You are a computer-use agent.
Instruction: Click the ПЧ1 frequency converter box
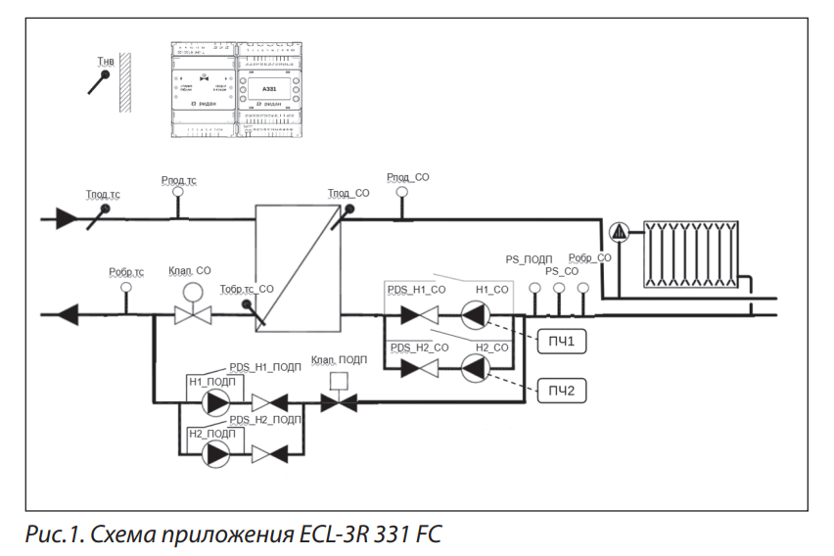coord(561,342)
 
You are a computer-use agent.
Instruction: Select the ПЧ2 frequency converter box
coord(561,392)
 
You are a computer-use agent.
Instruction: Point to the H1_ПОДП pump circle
coord(215,402)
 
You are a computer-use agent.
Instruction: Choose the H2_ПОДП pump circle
coord(215,452)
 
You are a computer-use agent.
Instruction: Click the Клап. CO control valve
coord(193,314)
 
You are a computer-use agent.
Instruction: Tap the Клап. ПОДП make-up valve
coord(340,401)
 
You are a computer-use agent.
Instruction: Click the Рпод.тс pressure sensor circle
coord(177,193)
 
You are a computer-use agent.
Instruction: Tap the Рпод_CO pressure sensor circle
coord(400,193)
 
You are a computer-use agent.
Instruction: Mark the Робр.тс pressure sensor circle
coord(125,288)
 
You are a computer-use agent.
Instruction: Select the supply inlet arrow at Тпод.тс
coord(67,218)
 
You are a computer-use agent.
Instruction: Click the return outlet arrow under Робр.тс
coord(68,315)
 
